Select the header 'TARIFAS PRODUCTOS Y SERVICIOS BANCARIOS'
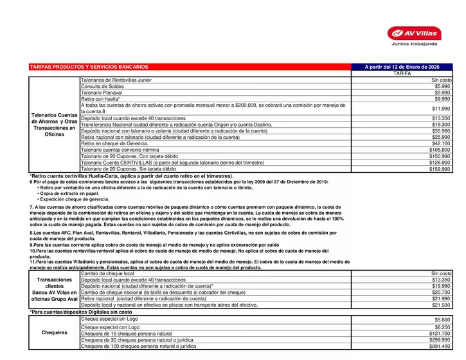click(89, 67)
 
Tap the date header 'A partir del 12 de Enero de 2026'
click(402, 67)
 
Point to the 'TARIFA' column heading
click(402, 73)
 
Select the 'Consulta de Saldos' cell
click(102, 86)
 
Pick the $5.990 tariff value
click(442, 86)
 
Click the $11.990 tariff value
click(441, 109)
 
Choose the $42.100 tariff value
click(441, 144)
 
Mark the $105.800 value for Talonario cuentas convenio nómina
click(440, 150)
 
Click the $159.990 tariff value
click(440, 170)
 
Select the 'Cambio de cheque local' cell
click(107, 274)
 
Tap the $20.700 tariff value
click(441, 292)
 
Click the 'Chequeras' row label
click(54, 333)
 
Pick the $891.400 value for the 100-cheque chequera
click(440, 346)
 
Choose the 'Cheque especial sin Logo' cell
click(109, 319)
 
